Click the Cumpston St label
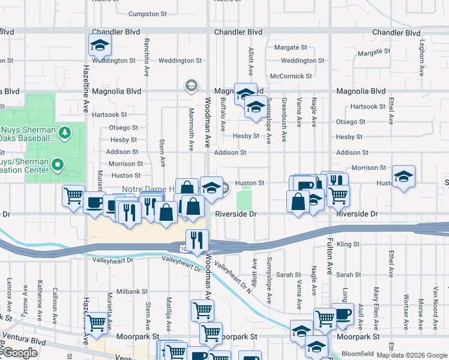pyautogui.click(x=147, y=14)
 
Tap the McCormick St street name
pyautogui.click(x=291, y=76)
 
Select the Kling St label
pyautogui.click(x=348, y=244)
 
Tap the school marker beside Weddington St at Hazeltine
pyautogui.click(x=100, y=44)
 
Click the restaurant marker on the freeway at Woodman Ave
pyautogui.click(x=197, y=240)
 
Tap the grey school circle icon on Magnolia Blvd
pyautogui.click(x=191, y=86)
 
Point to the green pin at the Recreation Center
pyautogui.click(x=58, y=164)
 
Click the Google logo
pyautogui.click(x=20, y=353)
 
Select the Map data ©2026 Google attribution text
pyautogui.click(x=411, y=355)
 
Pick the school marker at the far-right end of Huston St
pyautogui.click(x=403, y=176)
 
